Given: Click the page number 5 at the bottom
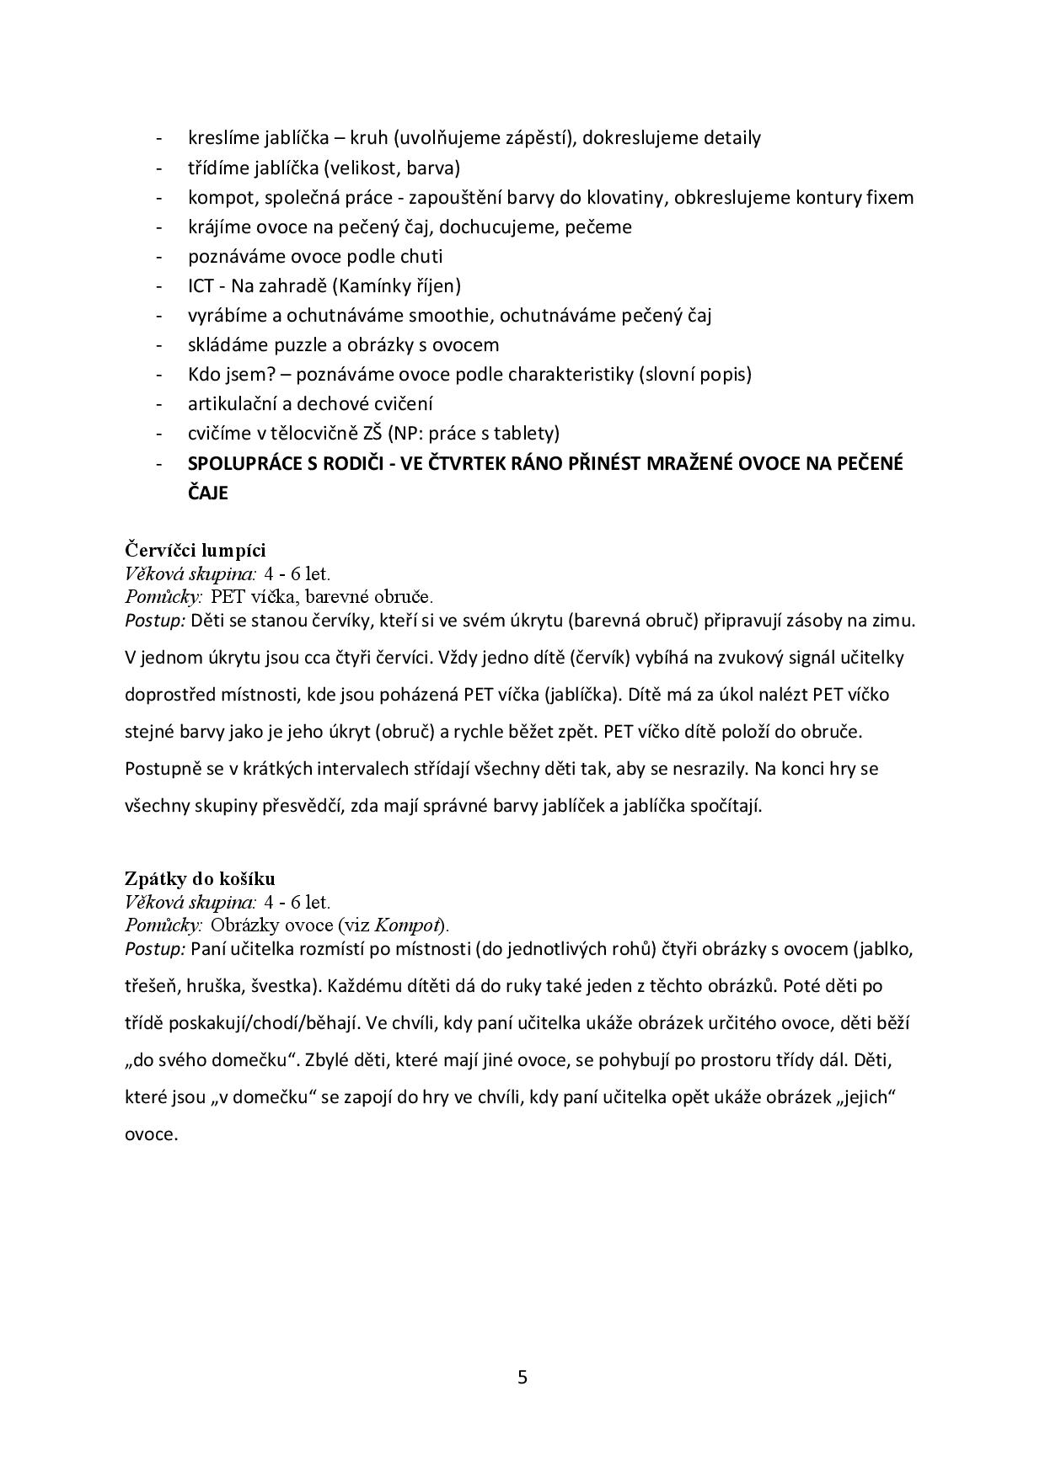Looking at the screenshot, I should coord(522,1378).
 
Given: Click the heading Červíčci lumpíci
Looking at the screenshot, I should coord(195,550).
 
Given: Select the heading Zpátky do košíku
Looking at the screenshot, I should coord(199,878).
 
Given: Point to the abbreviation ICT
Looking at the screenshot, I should coord(201,286).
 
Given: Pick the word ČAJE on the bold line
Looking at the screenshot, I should coord(207,493).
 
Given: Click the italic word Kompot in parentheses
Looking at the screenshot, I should coord(407,925).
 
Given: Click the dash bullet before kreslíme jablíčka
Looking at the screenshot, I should coord(159,138).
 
